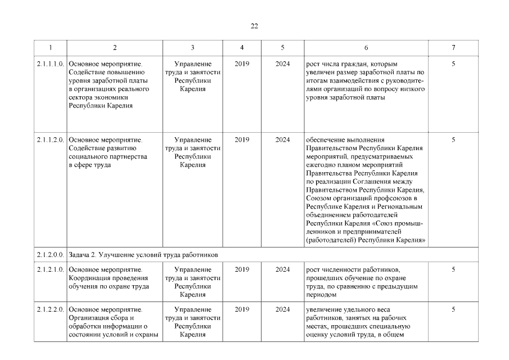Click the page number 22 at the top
coord(254,26)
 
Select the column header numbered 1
coord(50,48)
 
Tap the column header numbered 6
coord(366,48)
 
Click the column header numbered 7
coord(453,48)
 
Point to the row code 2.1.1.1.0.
coord(50,64)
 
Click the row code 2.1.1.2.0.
coord(50,140)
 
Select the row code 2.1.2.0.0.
coord(50,255)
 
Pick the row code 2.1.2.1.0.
coord(50,269)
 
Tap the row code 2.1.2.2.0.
coord(50,309)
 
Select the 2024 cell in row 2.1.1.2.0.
coord(283,140)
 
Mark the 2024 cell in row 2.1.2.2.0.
coord(283,309)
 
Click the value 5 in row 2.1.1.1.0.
coord(453,64)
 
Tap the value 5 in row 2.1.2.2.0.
coord(453,309)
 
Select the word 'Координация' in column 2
coord(90,278)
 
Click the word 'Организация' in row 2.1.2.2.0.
coord(90,318)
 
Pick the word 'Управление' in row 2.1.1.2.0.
coord(193,140)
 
